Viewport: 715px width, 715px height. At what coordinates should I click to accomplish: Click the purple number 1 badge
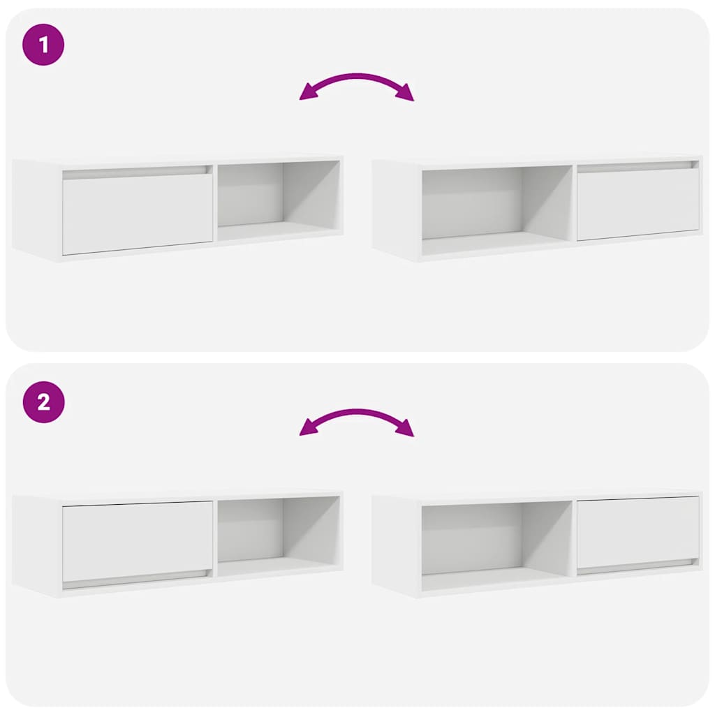43,45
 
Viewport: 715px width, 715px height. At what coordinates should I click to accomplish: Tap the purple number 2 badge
43,402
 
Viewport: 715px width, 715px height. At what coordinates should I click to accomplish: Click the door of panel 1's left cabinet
137,214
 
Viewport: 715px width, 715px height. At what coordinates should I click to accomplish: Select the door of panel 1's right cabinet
637,204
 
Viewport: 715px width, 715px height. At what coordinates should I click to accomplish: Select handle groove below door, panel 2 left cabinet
137,577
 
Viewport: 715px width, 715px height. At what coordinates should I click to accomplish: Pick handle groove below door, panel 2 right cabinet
637,563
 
